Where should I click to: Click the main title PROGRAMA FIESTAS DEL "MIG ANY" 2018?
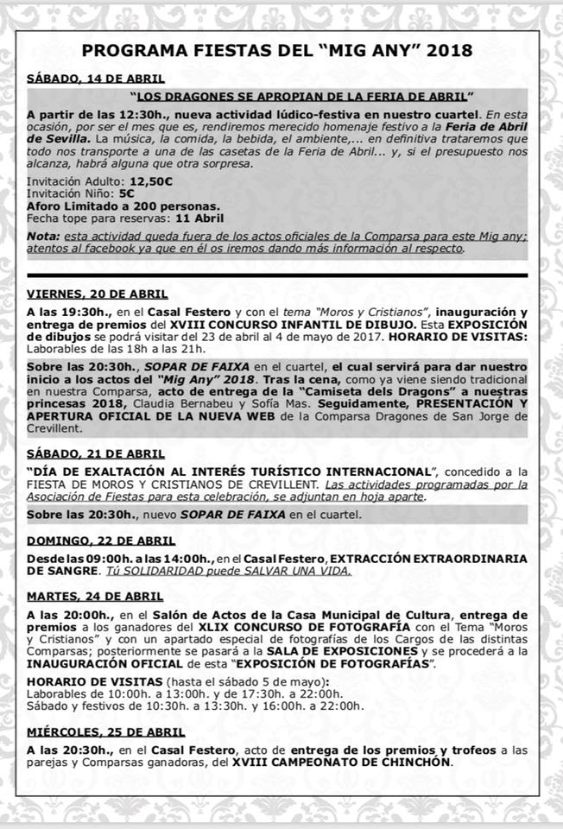pos(281,50)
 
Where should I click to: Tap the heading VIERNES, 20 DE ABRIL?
pos(97,294)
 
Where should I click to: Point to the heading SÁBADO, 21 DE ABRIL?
pos(94,454)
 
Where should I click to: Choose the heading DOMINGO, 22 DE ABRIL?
pos(99,541)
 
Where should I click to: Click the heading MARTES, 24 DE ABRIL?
pos(94,597)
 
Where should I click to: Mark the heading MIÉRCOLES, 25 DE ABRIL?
pos(106,733)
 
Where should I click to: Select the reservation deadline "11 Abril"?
pos(199,218)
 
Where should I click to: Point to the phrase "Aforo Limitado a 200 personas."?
pos(123,206)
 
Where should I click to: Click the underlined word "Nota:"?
pos(43,237)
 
